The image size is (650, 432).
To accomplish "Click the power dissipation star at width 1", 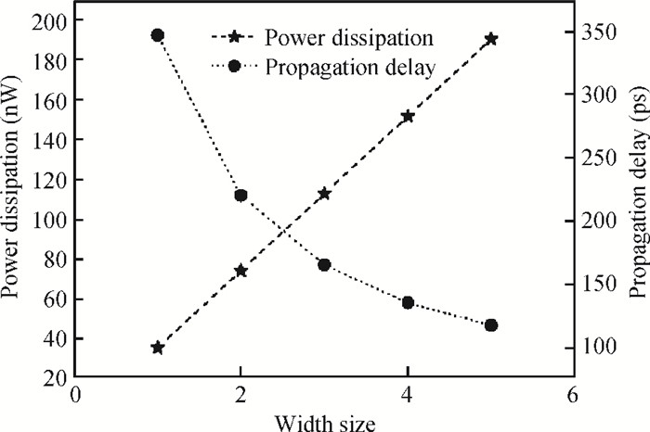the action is point(157,348).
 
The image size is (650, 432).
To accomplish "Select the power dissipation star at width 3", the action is point(324,193).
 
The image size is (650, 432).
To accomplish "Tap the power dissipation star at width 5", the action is point(491,39).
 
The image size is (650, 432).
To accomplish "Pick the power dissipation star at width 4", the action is point(408,117).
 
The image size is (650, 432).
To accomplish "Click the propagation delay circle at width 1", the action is point(157,35).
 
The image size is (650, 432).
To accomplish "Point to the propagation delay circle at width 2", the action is point(240,196).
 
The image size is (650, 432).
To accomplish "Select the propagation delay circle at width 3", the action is point(324,265).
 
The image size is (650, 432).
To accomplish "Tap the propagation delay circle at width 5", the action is point(491,325).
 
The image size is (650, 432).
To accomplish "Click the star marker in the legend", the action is point(234,38).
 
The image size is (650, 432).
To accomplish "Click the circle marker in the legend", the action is point(234,66).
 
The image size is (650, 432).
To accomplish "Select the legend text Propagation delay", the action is point(350,68).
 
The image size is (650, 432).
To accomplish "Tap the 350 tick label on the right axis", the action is point(600,32).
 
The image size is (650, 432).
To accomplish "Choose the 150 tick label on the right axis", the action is point(600,285).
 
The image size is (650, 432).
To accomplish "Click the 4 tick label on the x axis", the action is point(408,395).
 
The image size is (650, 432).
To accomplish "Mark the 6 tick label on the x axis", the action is point(572,395).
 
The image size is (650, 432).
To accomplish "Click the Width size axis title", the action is point(325,423).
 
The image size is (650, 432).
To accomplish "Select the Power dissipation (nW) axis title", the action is point(10,186).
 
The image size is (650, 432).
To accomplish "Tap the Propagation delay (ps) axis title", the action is point(639,192).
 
